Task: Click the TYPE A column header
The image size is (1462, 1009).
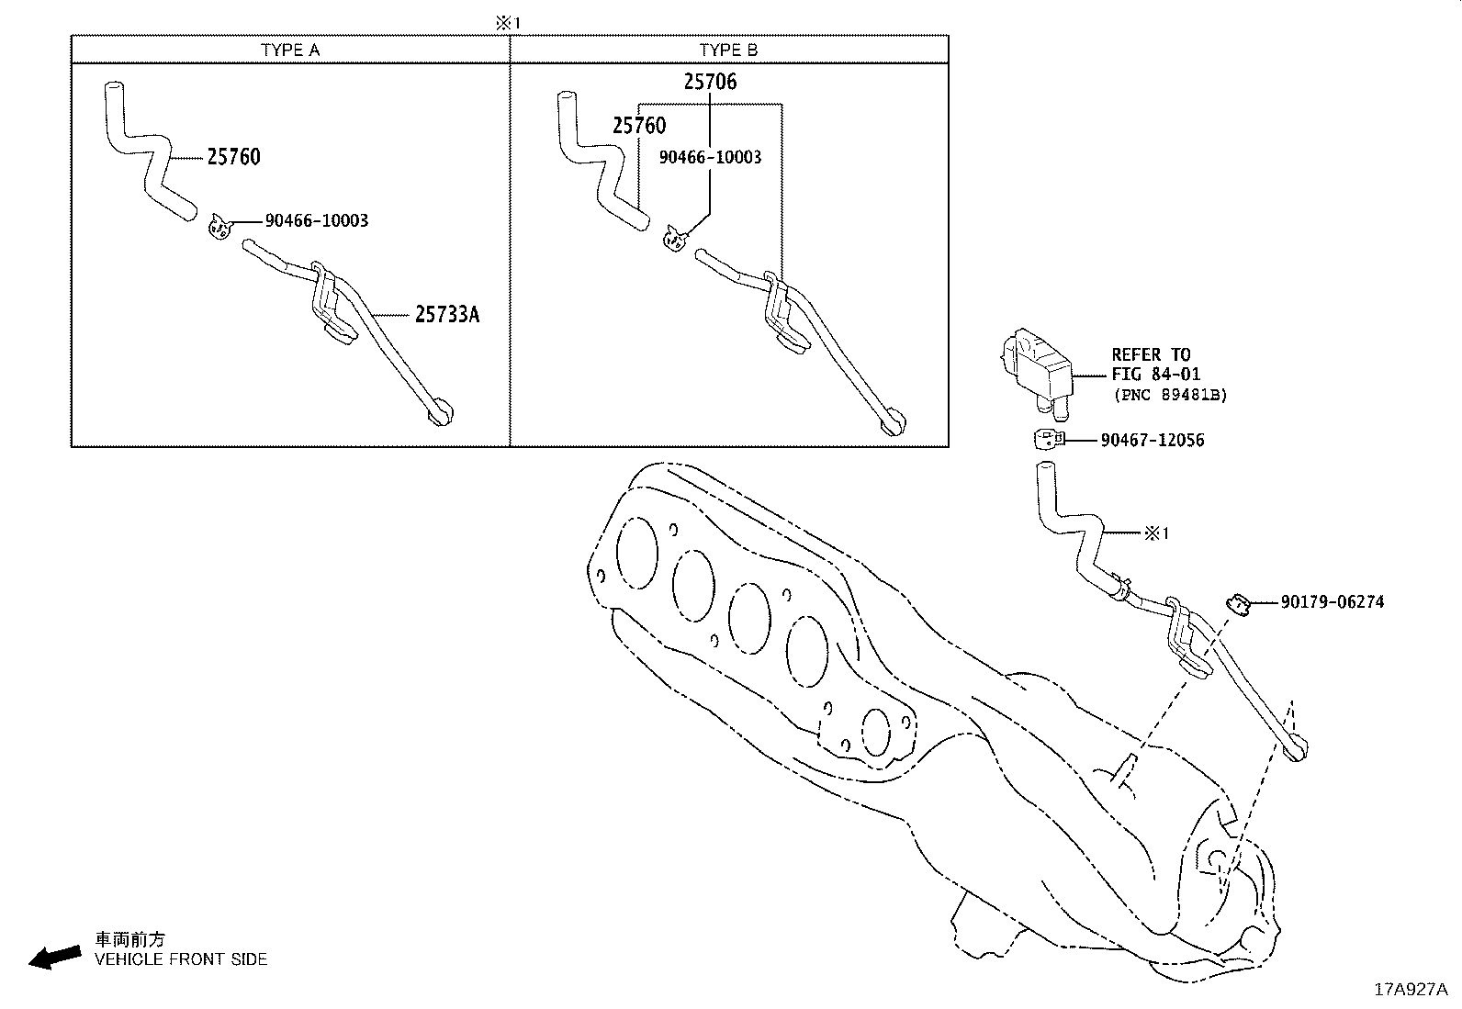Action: click(x=290, y=50)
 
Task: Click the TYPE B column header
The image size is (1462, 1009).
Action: click(x=728, y=50)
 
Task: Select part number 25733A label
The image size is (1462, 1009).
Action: click(x=447, y=315)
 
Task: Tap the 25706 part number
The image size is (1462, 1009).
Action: click(x=710, y=82)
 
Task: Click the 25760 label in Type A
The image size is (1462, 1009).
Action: click(x=233, y=157)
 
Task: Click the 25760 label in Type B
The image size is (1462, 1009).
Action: click(x=639, y=126)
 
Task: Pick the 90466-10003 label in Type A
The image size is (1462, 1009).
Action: click(x=317, y=220)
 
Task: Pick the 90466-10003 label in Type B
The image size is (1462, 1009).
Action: click(x=710, y=157)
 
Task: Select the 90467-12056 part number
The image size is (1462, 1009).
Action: click(x=1153, y=441)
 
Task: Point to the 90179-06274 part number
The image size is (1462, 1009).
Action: click(x=1333, y=602)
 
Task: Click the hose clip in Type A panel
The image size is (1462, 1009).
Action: click(x=219, y=226)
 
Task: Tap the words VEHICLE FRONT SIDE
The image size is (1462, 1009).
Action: click(x=181, y=959)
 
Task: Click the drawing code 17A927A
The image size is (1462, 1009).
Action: click(x=1410, y=990)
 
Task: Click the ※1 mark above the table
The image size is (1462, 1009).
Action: click(x=508, y=23)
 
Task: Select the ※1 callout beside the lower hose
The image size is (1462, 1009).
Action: click(x=1156, y=533)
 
